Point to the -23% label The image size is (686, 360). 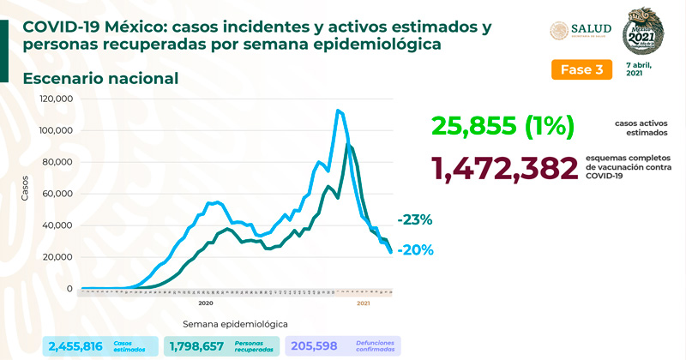coord(414,219)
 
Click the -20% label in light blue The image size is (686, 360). coord(414,250)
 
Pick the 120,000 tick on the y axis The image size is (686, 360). coord(57,99)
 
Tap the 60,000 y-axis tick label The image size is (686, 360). coord(59,195)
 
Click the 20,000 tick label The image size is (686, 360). coord(59,257)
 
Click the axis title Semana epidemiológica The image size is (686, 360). coord(234,324)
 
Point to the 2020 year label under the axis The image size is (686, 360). coord(206,303)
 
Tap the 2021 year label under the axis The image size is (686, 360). coord(363,303)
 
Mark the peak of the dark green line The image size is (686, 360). coord(349,145)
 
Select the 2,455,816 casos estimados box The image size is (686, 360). coord(100,346)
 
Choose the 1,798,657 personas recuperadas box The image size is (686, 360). coord(221,346)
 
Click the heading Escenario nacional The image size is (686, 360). coord(101,79)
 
